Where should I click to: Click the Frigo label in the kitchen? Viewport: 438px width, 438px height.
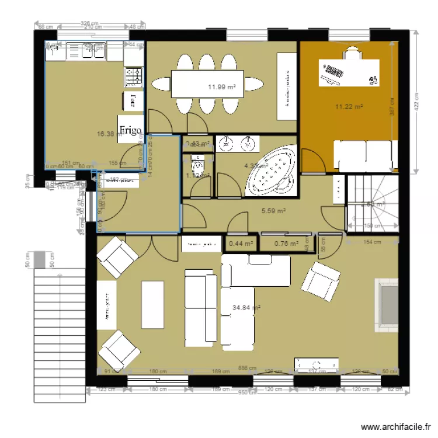pyautogui.click(x=130, y=130)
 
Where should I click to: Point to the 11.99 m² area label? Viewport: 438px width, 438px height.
pyautogui.click(x=221, y=87)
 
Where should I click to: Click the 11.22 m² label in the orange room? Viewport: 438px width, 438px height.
pyautogui.click(x=349, y=107)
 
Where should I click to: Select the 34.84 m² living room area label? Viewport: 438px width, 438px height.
pyautogui.click(x=246, y=307)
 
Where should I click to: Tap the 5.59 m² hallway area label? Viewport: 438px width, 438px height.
pyautogui.click(x=273, y=211)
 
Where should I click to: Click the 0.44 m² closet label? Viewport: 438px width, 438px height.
pyautogui.click(x=241, y=244)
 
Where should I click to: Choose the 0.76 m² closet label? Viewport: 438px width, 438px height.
pyautogui.click(x=286, y=244)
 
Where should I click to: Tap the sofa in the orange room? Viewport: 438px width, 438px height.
pyautogui.click(x=362, y=155)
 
